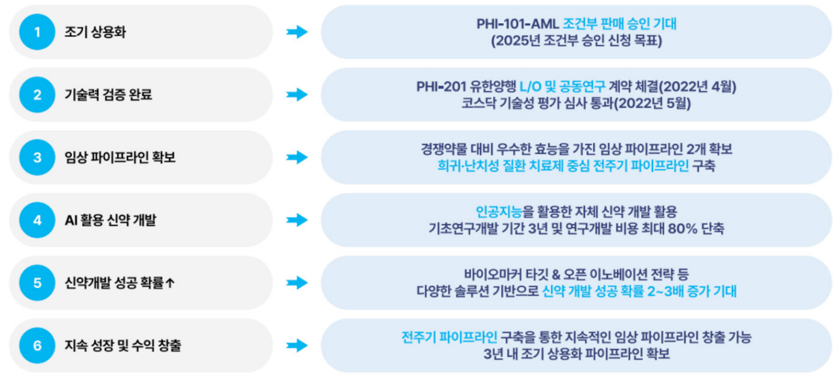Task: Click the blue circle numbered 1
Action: pyautogui.click(x=37, y=32)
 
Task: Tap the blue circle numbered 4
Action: pyautogui.click(x=37, y=220)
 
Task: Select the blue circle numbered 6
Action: pyautogui.click(x=37, y=345)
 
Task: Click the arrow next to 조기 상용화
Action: pyautogui.click(x=297, y=32)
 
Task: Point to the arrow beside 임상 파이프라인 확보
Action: pyautogui.click(x=297, y=158)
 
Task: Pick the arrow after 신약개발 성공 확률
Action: pyautogui.click(x=297, y=283)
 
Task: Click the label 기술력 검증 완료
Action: pyautogui.click(x=109, y=94)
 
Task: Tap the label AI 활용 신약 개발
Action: pyautogui.click(x=111, y=220)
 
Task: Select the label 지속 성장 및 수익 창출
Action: pyautogui.click(x=123, y=345)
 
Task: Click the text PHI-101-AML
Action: pyautogui.click(x=517, y=24)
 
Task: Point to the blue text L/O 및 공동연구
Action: pyautogui.click(x=562, y=87)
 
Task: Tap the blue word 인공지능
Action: pyautogui.click(x=499, y=212)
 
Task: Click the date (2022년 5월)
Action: pyautogui.click(x=653, y=103)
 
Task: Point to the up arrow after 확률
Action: pyautogui.click(x=170, y=283)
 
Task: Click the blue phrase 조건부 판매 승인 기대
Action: pyautogui.click(x=619, y=24)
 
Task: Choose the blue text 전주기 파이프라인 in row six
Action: pyautogui.click(x=449, y=338)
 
